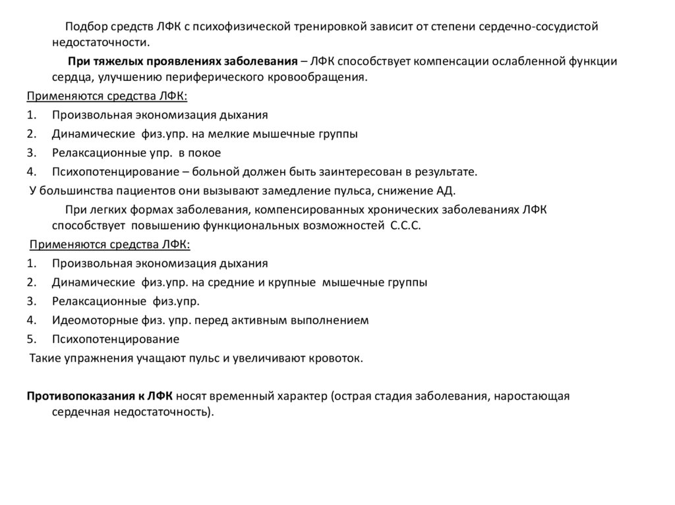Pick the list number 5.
(x=30, y=340)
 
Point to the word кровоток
(x=336, y=358)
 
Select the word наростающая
(x=533, y=396)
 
